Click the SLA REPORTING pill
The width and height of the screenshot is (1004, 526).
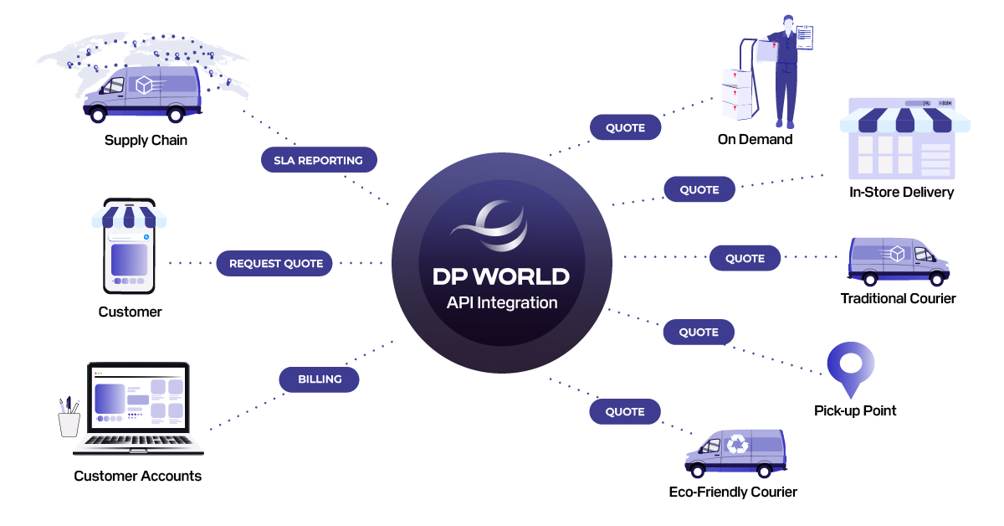pos(318,160)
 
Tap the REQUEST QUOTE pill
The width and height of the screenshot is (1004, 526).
pos(276,263)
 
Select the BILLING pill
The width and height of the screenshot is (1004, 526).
pos(320,379)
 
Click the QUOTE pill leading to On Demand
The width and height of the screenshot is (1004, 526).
pos(625,127)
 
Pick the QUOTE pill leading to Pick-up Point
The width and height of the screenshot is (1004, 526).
pos(699,332)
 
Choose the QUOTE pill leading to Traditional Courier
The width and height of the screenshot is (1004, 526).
pos(745,258)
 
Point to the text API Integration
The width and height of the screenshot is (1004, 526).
pos(502,302)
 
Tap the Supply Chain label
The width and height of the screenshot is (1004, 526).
pos(146,140)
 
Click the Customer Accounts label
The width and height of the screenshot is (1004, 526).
pos(137,476)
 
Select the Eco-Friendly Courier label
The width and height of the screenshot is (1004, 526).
pos(733,492)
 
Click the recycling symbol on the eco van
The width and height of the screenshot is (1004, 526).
pos(737,445)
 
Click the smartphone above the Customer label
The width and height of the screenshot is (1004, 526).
pos(129,246)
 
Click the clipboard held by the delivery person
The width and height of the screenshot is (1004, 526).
pos(803,39)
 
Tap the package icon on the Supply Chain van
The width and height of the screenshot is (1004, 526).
pos(145,85)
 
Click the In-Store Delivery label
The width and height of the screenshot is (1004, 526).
pos(901,192)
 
